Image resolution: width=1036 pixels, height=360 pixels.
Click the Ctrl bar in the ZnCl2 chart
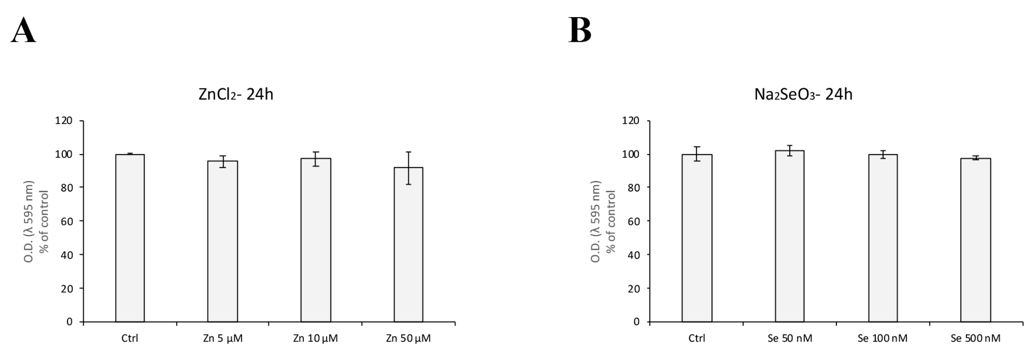click(x=130, y=238)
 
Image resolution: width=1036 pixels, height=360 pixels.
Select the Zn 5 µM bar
click(x=222, y=241)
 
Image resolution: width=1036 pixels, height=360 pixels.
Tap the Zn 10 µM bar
click(x=316, y=240)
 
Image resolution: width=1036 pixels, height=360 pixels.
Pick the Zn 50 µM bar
click(x=408, y=245)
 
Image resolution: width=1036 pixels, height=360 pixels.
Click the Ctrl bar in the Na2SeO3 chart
click(x=696, y=238)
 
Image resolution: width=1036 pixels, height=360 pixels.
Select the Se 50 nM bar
click(x=790, y=236)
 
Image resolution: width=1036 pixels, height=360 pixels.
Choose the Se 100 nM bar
click(x=883, y=238)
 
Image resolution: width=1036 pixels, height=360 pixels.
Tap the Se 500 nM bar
click(x=975, y=240)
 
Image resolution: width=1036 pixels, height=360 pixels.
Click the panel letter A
click(x=23, y=30)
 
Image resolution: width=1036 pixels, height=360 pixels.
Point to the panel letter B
click(x=579, y=30)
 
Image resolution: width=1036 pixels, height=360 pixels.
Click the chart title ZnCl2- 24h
click(x=236, y=95)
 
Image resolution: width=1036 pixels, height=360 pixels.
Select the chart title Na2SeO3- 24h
click(x=803, y=95)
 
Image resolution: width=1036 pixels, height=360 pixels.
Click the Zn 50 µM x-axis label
click(x=408, y=338)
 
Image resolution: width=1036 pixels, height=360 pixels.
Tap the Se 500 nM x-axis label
click(x=975, y=338)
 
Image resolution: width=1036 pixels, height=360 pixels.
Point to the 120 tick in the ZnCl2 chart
click(x=64, y=120)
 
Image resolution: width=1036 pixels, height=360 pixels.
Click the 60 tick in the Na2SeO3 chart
click(x=634, y=221)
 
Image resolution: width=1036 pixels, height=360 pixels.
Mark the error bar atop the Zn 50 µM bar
click(x=408, y=168)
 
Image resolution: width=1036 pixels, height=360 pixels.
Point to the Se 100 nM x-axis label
click(x=882, y=338)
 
